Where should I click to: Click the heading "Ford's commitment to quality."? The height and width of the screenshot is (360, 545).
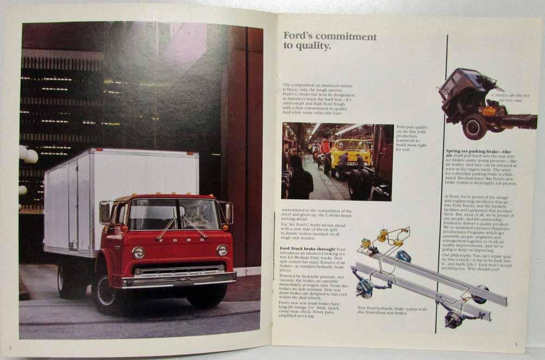pos(329,41)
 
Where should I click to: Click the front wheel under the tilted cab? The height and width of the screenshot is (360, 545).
pos(474,126)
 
